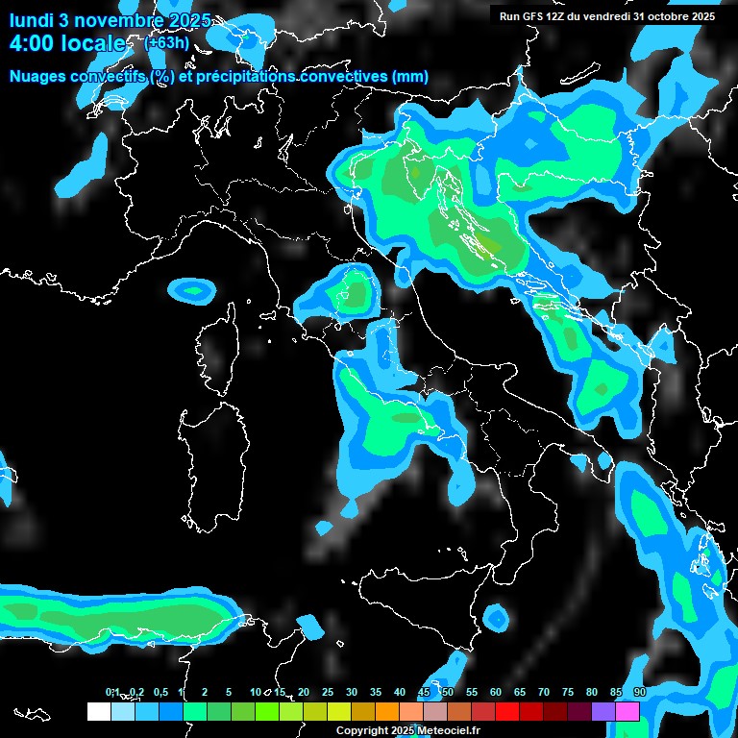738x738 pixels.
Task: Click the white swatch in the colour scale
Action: pos(98,711)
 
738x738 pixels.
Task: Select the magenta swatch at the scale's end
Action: pos(627,711)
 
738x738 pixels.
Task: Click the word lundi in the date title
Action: pos(31,20)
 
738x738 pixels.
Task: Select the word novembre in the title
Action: pos(115,20)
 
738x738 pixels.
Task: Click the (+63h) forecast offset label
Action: pos(166,42)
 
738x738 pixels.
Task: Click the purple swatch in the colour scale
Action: pos(603,711)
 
